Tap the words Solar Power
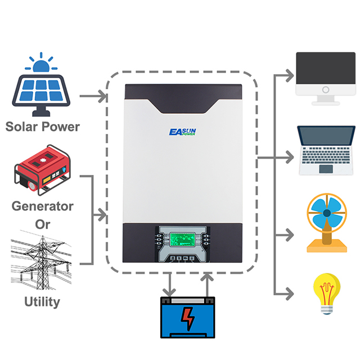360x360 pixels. pos(43,125)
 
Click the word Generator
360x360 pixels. pos(43,206)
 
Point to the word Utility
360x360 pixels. pos(42,301)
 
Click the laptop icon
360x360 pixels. pos(326,151)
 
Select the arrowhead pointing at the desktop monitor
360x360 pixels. pos(289,74)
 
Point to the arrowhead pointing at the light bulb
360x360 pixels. pos(289,293)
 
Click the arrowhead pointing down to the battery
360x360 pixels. pos(168,292)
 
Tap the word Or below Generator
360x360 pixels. pos(43,224)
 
